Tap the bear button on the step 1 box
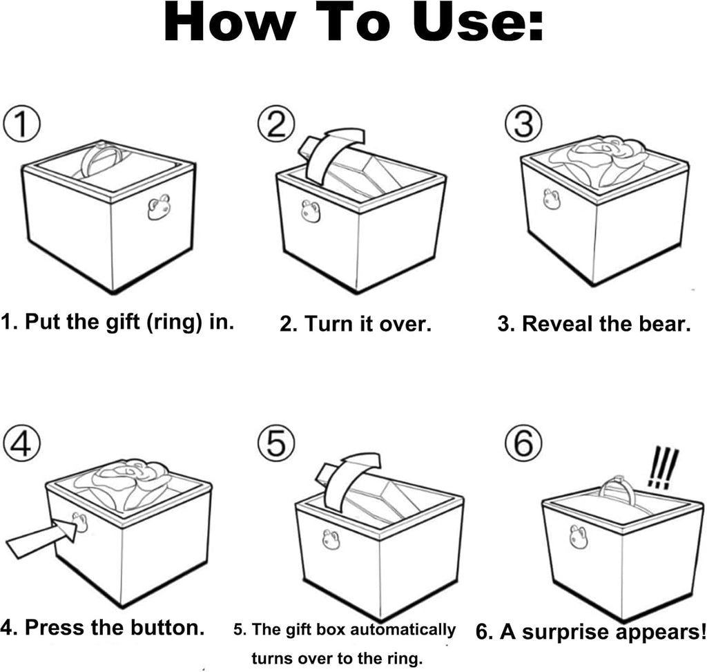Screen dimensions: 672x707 click(158, 207)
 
